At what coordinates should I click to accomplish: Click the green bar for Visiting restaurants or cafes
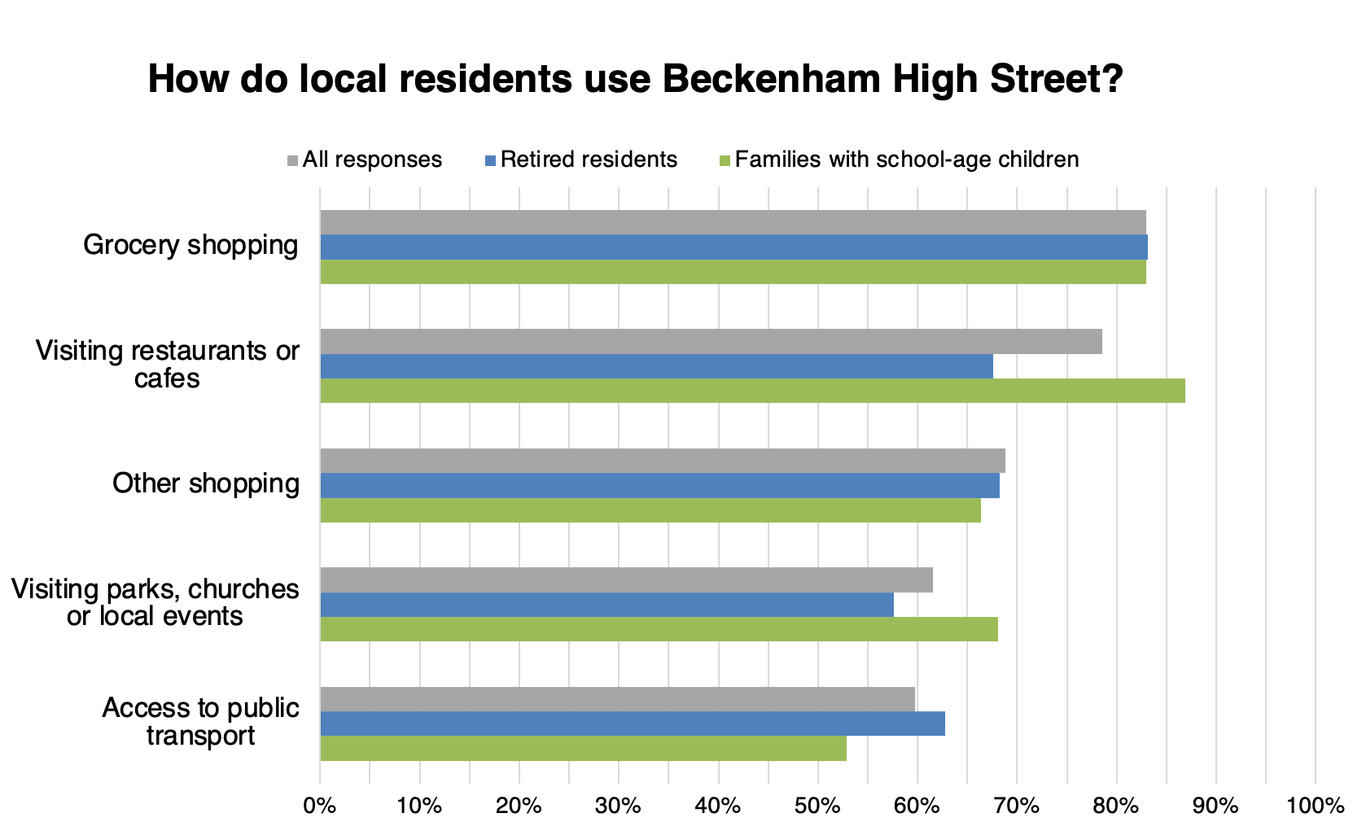(x=752, y=391)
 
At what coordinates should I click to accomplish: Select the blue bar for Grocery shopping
(x=733, y=247)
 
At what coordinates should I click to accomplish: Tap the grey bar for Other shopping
(x=662, y=461)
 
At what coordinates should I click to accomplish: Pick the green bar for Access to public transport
(x=583, y=749)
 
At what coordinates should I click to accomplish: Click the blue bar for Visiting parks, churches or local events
(x=606, y=605)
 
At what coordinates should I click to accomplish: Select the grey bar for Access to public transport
(x=617, y=699)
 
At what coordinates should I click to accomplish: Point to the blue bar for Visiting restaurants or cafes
(x=656, y=367)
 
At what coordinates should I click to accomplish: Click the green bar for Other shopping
(x=650, y=510)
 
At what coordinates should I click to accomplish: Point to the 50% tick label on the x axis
(x=817, y=807)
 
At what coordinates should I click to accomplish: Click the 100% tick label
(x=1315, y=807)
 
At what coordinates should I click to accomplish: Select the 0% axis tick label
(x=320, y=807)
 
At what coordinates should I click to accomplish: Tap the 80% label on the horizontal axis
(x=1116, y=807)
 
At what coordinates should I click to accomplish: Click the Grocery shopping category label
(x=190, y=245)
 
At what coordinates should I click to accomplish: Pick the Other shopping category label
(x=206, y=483)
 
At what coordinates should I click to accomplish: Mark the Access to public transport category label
(x=200, y=722)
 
